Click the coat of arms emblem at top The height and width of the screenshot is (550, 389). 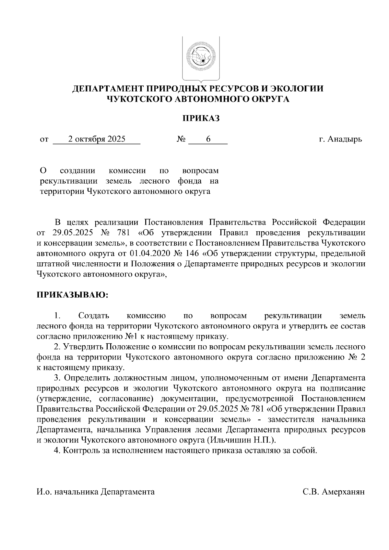201,58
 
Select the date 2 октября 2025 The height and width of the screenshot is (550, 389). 97,139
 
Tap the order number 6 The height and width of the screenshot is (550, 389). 208,139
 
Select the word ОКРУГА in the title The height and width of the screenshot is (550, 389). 269,99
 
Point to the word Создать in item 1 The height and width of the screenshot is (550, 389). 94,315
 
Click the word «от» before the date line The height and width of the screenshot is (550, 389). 44,140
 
